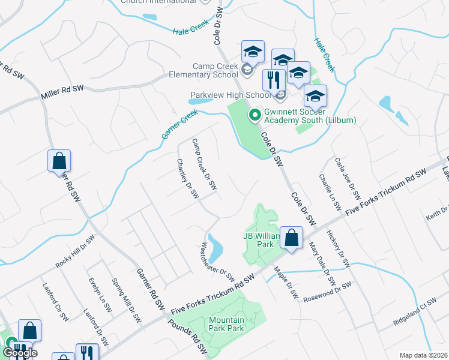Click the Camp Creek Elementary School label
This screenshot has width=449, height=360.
[x=215, y=71]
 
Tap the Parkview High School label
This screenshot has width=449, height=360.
[x=231, y=95]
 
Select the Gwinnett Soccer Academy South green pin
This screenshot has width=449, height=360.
[x=254, y=113]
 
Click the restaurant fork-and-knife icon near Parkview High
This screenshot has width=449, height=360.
[x=274, y=80]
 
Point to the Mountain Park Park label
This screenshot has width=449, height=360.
[x=227, y=324]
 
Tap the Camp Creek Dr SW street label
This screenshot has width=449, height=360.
[x=204, y=168]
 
